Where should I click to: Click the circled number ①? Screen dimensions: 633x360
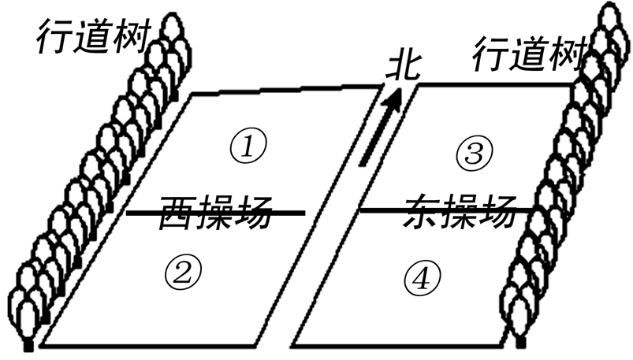click(x=249, y=146)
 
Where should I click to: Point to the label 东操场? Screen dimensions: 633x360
click(x=462, y=211)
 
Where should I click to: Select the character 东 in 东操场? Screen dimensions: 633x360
click(x=425, y=211)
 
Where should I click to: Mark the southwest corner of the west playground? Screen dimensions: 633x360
click(x=41, y=346)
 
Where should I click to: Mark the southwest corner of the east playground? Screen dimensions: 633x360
click(x=293, y=347)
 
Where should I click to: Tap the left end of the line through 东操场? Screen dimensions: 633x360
click(x=360, y=210)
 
